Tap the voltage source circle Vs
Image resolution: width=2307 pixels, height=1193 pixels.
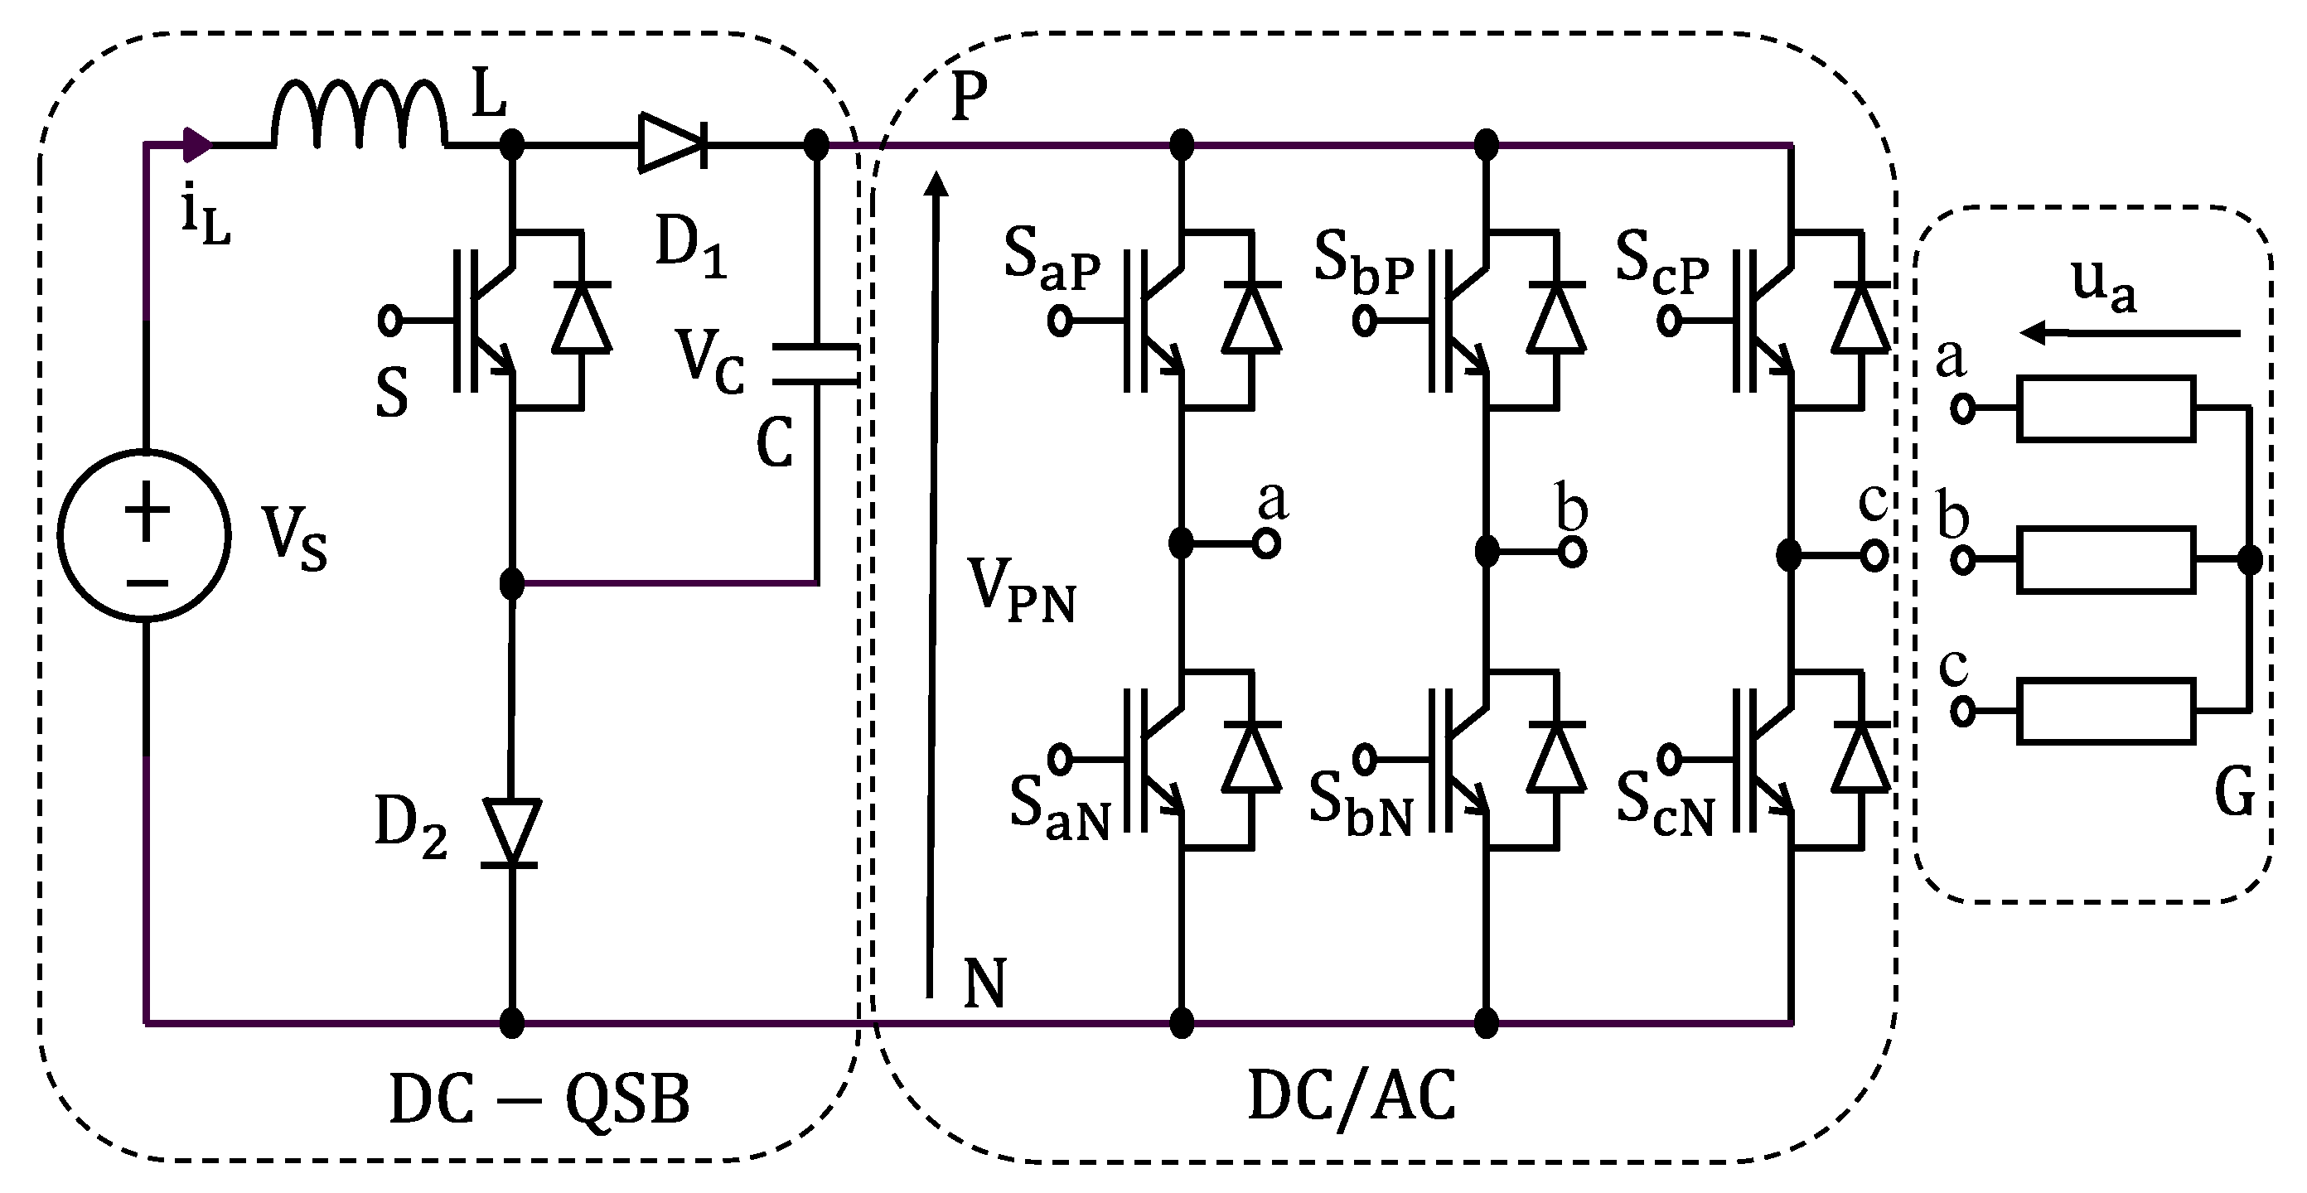pyautogui.click(x=145, y=534)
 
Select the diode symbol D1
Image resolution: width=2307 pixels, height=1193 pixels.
pyautogui.click(x=672, y=142)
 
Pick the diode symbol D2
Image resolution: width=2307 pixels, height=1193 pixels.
pyautogui.click(x=510, y=831)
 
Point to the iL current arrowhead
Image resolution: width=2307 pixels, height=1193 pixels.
pyautogui.click(x=196, y=144)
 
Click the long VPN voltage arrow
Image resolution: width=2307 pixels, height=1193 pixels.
pyautogui.click(x=933, y=582)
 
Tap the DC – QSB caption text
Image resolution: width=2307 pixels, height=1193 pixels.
pyautogui.click(x=539, y=1100)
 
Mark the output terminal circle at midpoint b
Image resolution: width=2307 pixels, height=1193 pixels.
pyautogui.click(x=1572, y=552)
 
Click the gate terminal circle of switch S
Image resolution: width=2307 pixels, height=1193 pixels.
pyautogui.click(x=390, y=320)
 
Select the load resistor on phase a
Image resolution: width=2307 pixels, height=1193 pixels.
pyautogui.click(x=2105, y=408)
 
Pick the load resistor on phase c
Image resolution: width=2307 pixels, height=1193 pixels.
pyautogui.click(x=2105, y=711)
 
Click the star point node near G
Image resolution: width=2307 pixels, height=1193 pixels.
pyautogui.click(x=2249, y=560)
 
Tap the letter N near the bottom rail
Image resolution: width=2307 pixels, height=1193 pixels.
pyautogui.click(x=984, y=983)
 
